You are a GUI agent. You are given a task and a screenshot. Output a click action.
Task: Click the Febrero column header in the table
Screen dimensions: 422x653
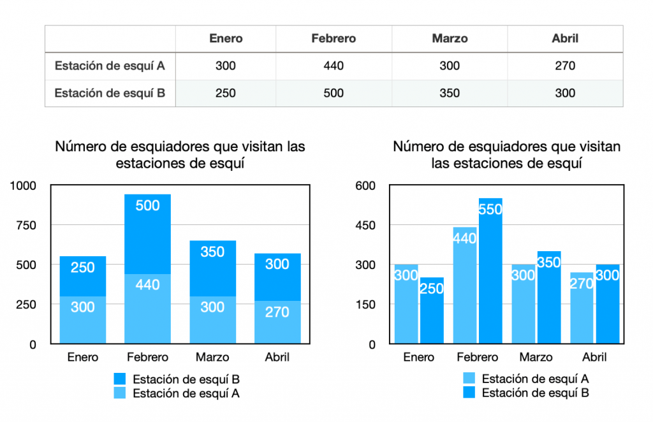[334, 38]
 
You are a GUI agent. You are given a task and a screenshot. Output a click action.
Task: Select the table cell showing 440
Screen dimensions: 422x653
[334, 66]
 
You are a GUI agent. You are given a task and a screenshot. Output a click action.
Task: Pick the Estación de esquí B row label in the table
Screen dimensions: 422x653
[110, 93]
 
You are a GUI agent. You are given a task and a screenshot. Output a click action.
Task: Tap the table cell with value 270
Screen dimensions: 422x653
[565, 66]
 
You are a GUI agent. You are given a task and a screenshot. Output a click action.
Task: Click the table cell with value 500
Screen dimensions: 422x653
[334, 93]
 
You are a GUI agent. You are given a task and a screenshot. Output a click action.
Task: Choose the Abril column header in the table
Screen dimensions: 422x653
[565, 38]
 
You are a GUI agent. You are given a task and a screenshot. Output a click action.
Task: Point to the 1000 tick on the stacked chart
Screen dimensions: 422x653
[26, 186]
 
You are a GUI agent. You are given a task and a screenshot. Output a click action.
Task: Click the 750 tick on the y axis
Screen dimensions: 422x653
[29, 225]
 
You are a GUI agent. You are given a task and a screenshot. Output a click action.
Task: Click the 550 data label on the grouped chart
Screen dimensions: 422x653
[490, 209]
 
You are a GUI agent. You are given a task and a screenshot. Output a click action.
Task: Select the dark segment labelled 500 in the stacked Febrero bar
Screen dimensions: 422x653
[147, 233]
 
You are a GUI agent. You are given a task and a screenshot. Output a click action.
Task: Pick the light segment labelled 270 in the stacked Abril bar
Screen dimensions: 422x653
[277, 322]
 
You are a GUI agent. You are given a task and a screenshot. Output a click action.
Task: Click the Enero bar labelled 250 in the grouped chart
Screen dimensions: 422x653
[431, 310]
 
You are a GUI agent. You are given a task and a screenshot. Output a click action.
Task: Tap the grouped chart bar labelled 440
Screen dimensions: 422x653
[465, 286]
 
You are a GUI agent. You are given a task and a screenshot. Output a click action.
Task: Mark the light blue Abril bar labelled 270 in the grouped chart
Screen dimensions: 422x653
[582, 308]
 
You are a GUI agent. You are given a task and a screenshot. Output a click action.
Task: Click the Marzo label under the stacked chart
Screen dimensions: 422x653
[212, 357]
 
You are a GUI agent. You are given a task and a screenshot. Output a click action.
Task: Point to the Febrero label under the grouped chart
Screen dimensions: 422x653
[478, 357]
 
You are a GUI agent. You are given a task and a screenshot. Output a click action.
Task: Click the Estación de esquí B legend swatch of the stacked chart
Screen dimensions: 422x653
[121, 379]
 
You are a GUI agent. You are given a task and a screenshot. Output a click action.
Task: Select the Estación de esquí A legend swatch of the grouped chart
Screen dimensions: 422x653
[469, 379]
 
